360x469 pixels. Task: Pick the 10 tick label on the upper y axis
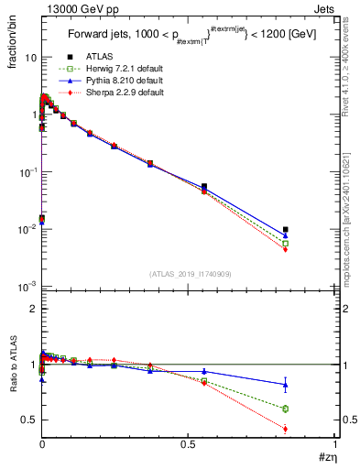point(30,57)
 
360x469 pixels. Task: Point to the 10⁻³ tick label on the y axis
point(27,287)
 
